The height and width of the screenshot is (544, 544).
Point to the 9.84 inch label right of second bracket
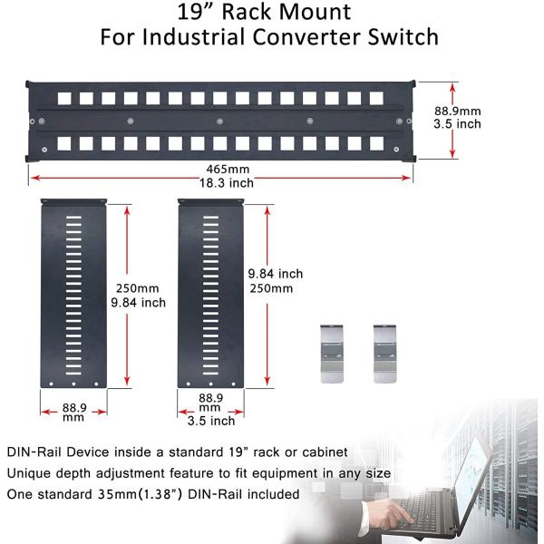[275, 274]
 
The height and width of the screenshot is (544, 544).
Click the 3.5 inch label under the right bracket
[210, 421]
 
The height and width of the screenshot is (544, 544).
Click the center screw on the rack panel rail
[219, 121]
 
